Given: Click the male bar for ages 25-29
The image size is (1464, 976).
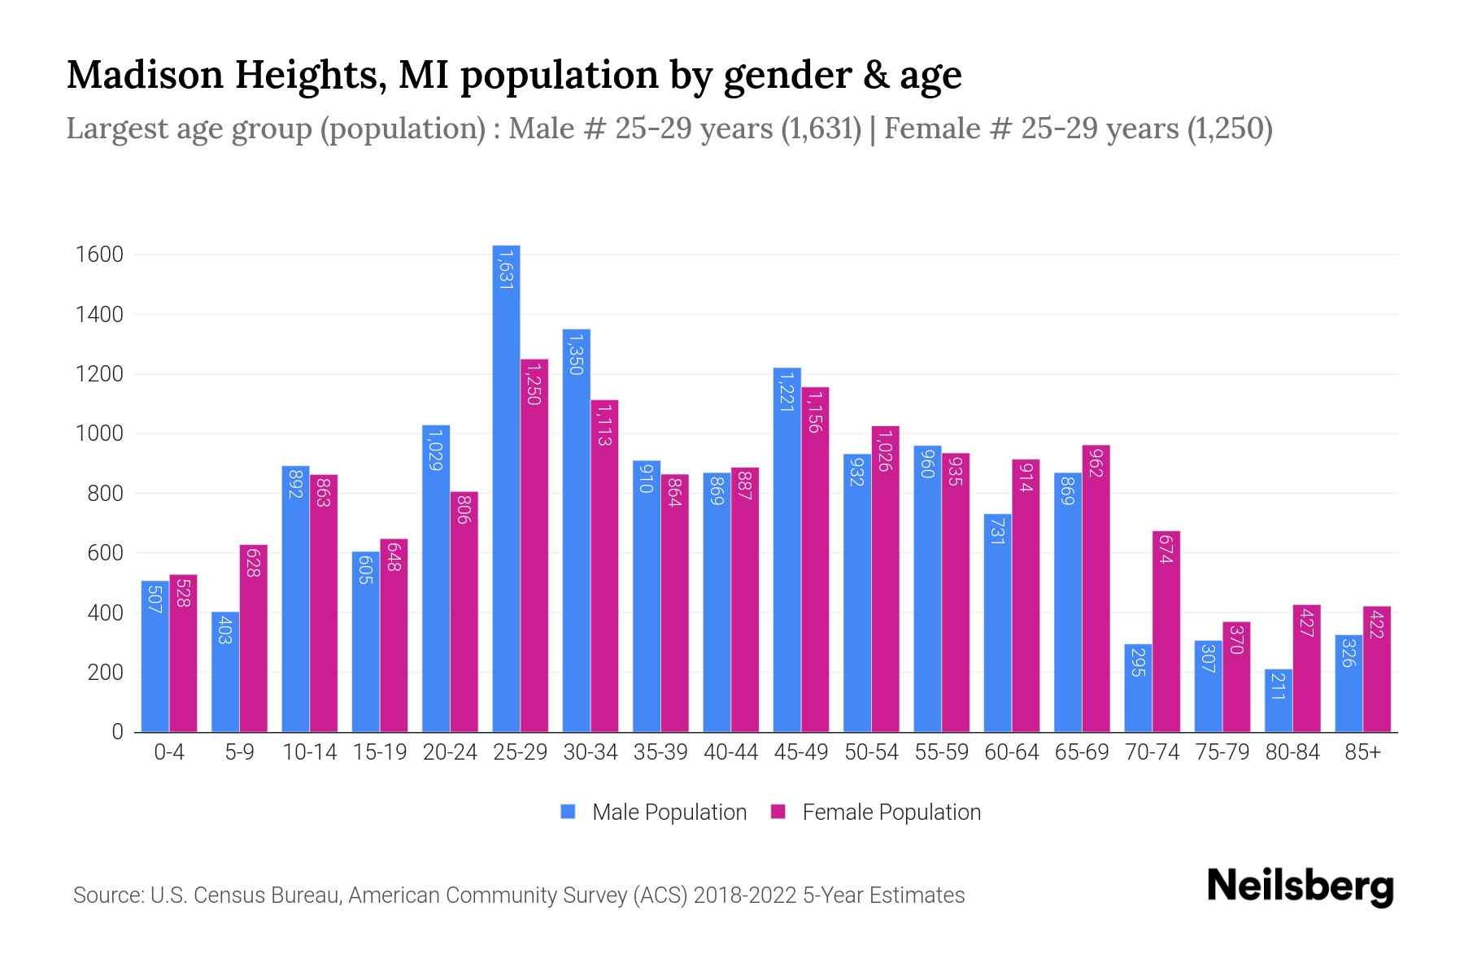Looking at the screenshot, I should [x=506, y=488].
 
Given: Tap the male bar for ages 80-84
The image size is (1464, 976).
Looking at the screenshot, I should [x=1278, y=700].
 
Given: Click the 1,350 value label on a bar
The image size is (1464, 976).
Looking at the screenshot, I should [x=575, y=353].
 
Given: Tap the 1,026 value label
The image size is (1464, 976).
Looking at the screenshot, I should [x=885, y=451].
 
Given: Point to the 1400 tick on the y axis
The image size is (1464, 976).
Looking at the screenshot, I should [x=99, y=315].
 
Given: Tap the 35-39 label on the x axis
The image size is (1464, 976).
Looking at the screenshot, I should [x=660, y=752].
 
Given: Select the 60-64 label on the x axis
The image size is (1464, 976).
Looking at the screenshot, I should [x=1011, y=752].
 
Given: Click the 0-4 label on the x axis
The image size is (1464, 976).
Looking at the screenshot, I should [x=169, y=752].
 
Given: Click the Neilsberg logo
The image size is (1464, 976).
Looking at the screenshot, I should [x=1300, y=887].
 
